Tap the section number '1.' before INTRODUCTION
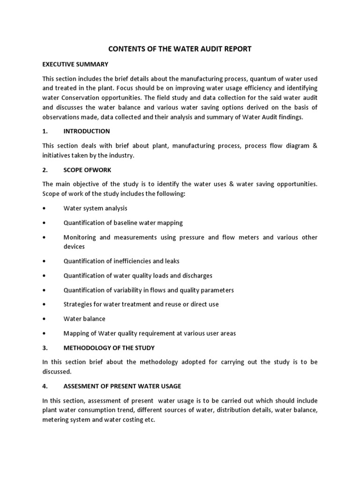point(45,131)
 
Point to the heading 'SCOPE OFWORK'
point(87,170)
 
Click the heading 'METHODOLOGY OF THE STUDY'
point(109,348)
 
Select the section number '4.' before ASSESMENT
point(45,386)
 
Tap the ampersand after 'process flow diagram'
point(315,146)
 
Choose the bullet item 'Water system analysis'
point(95,208)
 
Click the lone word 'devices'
point(74,247)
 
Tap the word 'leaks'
point(171,261)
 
